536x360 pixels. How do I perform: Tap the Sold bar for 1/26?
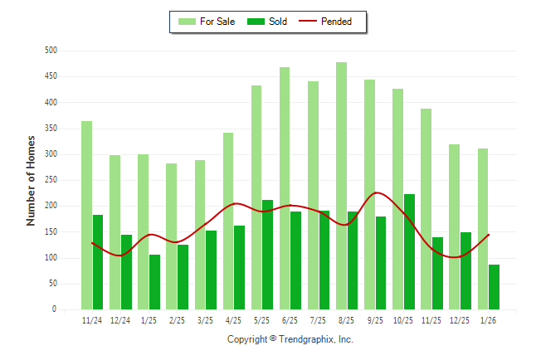point(494,287)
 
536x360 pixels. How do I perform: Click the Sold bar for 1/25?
point(154,282)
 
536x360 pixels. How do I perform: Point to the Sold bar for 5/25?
point(267,255)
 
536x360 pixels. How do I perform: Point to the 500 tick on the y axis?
point(51,51)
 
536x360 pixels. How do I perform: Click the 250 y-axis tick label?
point(51,180)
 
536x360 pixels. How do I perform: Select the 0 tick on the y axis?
point(54,309)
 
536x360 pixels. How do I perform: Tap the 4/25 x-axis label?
point(233,319)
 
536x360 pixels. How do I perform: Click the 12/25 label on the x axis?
point(460,319)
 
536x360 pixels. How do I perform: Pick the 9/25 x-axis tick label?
point(375,319)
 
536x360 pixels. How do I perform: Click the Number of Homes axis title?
point(31,180)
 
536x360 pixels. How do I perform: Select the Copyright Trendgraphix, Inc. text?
point(290,339)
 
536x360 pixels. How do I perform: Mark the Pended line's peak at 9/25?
point(377,192)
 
